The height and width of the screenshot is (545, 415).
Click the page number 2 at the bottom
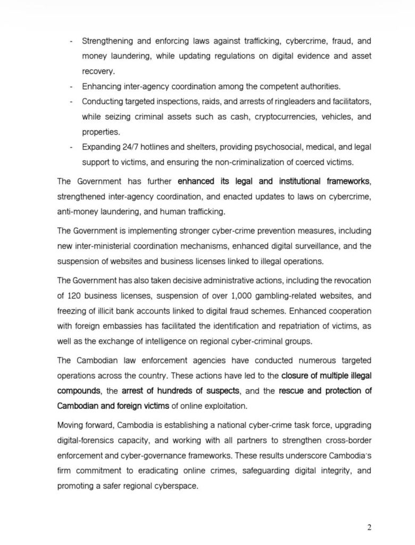(369, 527)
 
